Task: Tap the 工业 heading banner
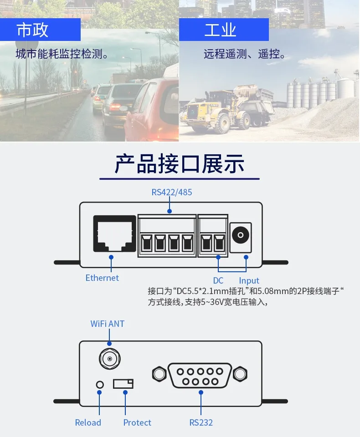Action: [x=224, y=30]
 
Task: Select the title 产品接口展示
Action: [x=180, y=164]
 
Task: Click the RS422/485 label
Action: [x=171, y=192]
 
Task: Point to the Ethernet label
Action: [x=102, y=278]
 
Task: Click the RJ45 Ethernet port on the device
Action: [x=114, y=234]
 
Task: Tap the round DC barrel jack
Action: [x=240, y=236]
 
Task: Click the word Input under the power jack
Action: [x=249, y=280]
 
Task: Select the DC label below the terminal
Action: [x=218, y=280]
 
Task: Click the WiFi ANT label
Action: [x=108, y=324]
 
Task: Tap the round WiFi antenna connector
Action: [x=109, y=359]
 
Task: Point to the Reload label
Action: [x=88, y=422]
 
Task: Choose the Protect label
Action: [x=137, y=422]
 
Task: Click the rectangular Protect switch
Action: [x=123, y=383]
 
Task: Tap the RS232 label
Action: [x=201, y=422]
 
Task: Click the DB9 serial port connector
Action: [x=200, y=375]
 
